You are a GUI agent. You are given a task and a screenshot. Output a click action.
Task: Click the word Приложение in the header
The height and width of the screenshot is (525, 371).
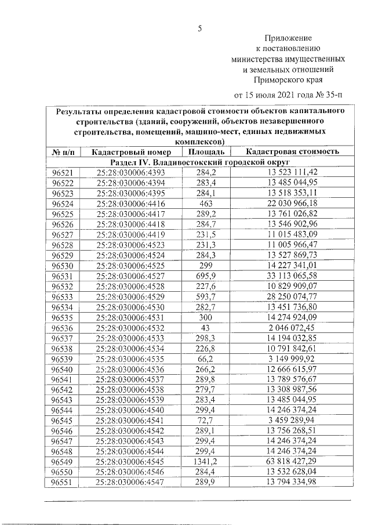click(x=288, y=38)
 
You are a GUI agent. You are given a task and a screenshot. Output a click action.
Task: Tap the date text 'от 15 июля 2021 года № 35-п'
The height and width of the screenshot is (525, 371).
click(x=288, y=93)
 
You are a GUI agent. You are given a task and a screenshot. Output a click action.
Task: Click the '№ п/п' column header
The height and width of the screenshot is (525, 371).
click(x=63, y=152)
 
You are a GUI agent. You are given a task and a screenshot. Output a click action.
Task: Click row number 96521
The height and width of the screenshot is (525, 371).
click(x=63, y=173)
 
